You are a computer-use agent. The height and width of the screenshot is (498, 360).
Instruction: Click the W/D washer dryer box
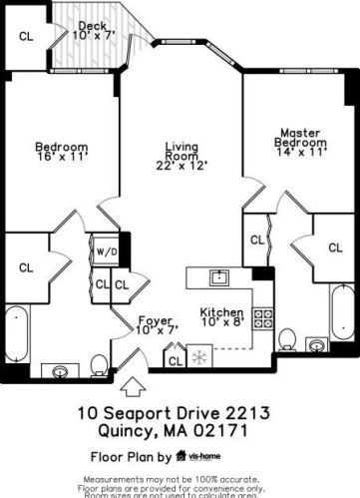tap(105, 251)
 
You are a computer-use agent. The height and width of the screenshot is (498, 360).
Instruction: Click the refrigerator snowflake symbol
tap(199, 355)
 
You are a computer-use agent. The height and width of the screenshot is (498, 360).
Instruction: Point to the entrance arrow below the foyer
tap(130, 385)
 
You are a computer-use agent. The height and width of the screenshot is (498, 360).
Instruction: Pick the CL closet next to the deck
tap(25, 38)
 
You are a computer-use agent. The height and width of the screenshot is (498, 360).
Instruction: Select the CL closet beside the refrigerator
tap(175, 357)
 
